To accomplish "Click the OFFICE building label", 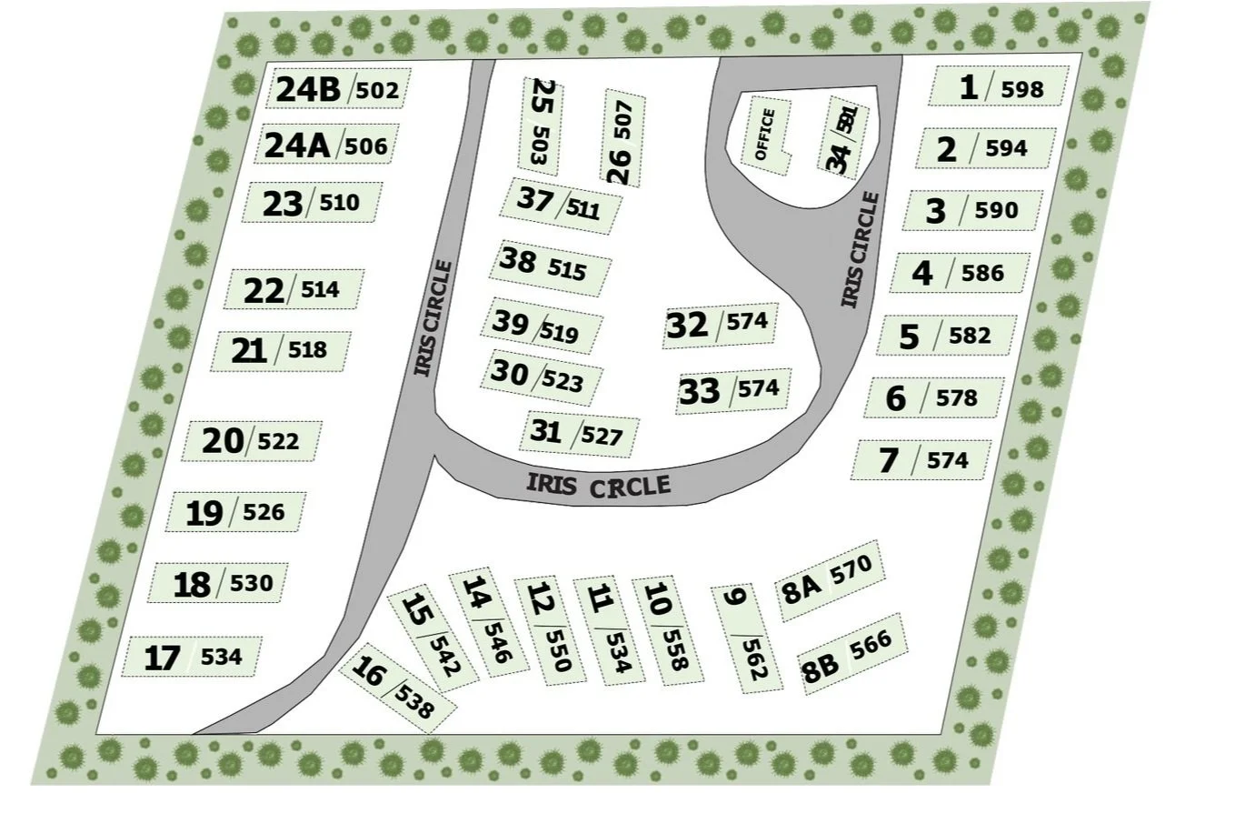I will click(x=766, y=134).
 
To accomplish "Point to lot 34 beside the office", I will click(x=842, y=138).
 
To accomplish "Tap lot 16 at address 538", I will click(x=397, y=687).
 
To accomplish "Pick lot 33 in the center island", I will click(x=730, y=391).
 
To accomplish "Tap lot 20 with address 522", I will click(x=251, y=441).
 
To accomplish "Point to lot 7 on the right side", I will click(x=921, y=460).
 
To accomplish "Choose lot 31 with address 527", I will click(x=578, y=433).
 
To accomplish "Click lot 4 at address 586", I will click(x=959, y=273).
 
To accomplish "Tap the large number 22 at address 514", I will click(x=264, y=291).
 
